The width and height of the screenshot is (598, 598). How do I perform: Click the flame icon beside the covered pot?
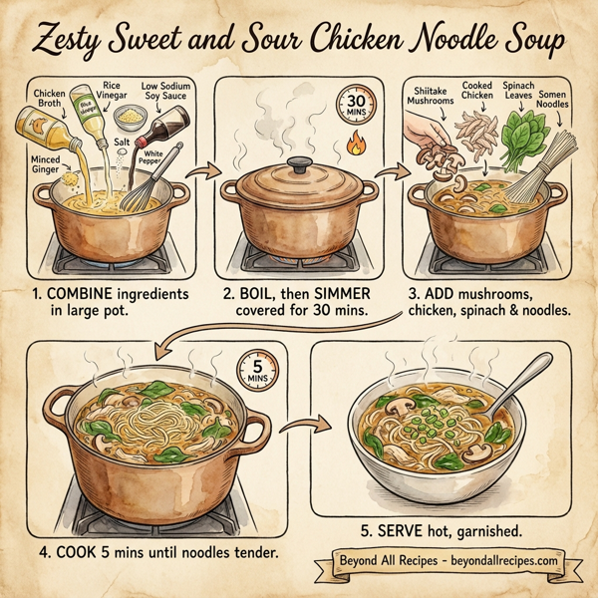click(x=352, y=148)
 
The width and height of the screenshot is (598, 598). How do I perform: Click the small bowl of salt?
click(x=126, y=117)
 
